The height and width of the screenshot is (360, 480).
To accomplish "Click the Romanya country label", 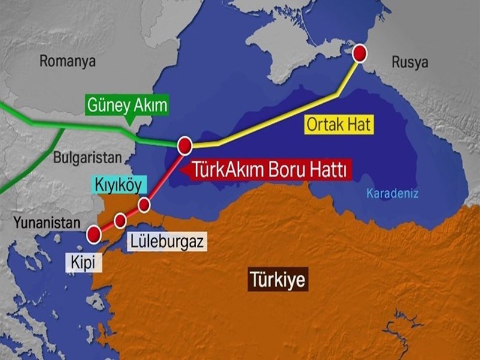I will click(x=68, y=60).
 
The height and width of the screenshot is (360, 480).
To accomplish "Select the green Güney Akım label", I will click(x=127, y=106).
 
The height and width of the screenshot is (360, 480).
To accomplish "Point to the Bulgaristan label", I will click(x=87, y=158).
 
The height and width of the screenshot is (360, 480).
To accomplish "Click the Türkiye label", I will click(x=278, y=280).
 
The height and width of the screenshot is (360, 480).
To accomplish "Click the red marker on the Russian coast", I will click(x=359, y=53).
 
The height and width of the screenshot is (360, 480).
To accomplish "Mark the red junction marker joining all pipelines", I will click(x=185, y=145).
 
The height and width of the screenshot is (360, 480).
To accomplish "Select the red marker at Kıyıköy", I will click(x=144, y=205).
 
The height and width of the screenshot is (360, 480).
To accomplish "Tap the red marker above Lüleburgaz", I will click(x=121, y=220).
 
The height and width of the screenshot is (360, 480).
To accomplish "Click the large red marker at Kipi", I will click(x=94, y=234).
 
